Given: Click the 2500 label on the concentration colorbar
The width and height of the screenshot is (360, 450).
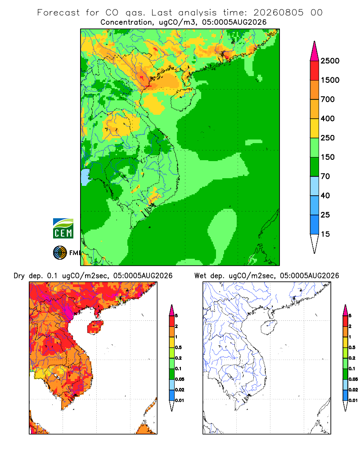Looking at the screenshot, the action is [x=330, y=61].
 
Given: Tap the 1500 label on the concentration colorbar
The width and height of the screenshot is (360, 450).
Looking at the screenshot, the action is [x=330, y=80].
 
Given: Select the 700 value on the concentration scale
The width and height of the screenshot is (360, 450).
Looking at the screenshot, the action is [x=328, y=99].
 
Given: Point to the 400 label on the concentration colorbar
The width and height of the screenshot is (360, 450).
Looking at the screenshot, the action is [x=328, y=118].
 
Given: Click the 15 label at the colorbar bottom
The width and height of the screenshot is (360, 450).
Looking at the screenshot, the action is [x=325, y=234].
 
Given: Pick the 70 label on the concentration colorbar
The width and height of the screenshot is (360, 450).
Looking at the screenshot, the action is [x=325, y=176].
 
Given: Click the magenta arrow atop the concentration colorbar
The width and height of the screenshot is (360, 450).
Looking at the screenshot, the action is [x=315, y=51].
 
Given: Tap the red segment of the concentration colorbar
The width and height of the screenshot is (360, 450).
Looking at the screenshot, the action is [x=315, y=71].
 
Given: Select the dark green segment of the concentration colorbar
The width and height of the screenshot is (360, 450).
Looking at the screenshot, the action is [x=315, y=167].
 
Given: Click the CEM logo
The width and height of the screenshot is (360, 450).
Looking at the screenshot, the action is [x=63, y=229].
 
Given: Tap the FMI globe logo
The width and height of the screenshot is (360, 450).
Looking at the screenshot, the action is [x=60, y=253].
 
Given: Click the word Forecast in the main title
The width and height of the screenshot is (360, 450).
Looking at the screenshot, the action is [x=58, y=13].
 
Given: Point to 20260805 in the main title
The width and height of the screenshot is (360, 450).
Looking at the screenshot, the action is [x=278, y=13].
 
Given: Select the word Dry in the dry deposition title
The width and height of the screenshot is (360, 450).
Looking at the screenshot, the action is [x=19, y=276].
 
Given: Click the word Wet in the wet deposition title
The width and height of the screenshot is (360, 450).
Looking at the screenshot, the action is [x=200, y=276].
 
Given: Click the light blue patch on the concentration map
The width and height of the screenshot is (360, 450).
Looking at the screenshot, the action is [x=85, y=177].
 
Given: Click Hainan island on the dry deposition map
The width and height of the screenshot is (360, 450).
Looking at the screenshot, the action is [x=95, y=327].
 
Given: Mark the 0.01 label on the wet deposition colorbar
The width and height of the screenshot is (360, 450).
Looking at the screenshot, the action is [x=353, y=400].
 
